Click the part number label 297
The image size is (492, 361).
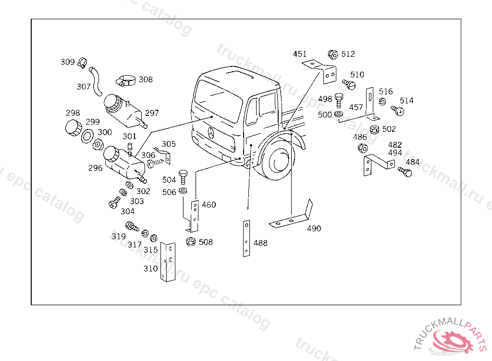tap(152, 113)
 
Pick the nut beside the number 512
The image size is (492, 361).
tap(332, 54)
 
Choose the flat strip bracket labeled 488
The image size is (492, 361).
tap(246, 238)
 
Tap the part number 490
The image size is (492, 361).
tap(314, 228)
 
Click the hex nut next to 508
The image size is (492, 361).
tap(190, 242)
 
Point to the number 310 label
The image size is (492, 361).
tap(150, 269)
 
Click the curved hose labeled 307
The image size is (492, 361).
tap(96, 80)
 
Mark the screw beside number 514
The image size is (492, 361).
tap(397, 110)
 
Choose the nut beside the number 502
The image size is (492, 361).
tap(375, 129)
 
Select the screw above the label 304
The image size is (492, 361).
tap(113, 203)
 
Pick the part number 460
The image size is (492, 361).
tap(209, 205)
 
